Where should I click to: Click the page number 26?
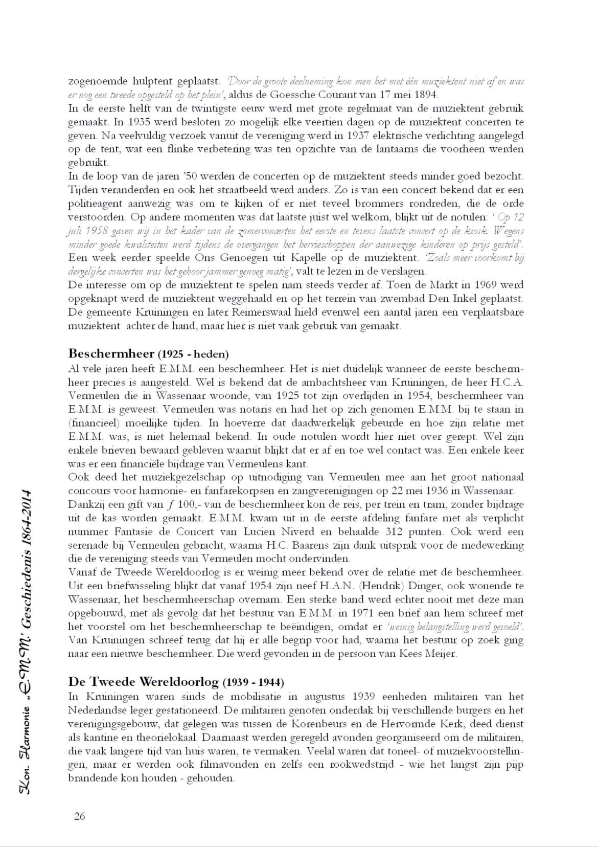(x=79, y=815)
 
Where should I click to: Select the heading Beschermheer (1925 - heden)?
(x=148, y=354)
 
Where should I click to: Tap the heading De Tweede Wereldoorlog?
(x=176, y=682)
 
